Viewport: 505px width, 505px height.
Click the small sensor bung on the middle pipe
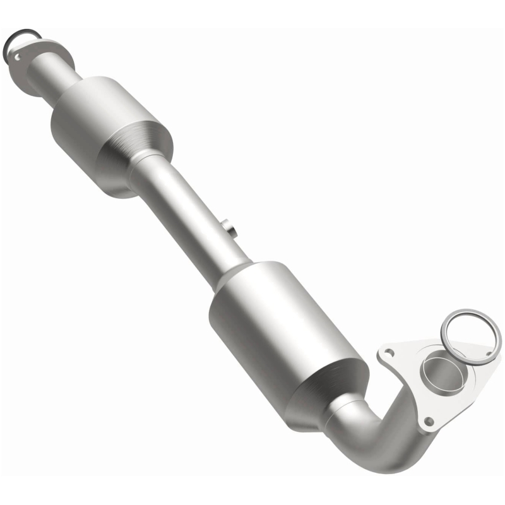[x=230, y=228]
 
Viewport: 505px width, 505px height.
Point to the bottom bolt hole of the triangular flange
[x=429, y=420]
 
